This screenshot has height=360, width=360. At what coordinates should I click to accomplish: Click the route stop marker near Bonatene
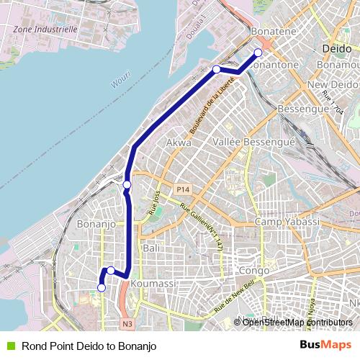(x=258, y=52)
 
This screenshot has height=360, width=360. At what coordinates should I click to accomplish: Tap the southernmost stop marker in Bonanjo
(x=101, y=288)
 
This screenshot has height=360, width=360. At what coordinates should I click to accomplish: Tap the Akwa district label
(x=179, y=143)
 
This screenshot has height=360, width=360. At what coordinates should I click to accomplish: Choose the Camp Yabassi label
(x=287, y=222)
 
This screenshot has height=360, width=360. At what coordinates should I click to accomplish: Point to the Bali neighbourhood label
(x=152, y=247)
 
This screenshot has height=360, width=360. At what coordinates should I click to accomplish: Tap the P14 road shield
(x=183, y=189)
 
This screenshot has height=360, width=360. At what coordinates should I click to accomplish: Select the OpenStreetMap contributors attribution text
(x=297, y=322)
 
